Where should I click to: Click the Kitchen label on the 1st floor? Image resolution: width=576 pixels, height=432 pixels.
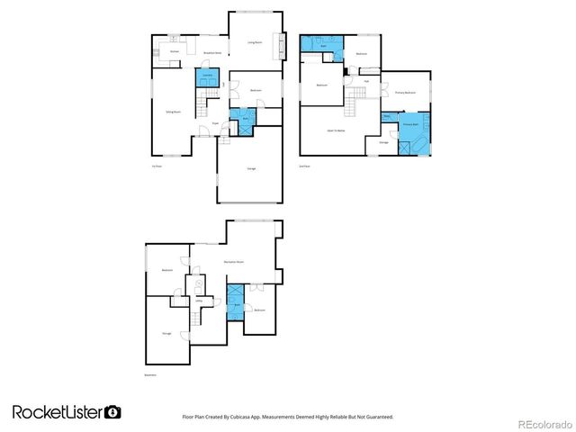(175, 52)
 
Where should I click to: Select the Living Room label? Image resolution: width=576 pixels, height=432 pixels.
(256, 42)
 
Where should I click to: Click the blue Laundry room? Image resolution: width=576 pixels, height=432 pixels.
(208, 78)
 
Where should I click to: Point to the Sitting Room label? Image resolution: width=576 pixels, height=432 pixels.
(173, 112)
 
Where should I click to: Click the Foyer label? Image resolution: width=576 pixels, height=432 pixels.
(217, 122)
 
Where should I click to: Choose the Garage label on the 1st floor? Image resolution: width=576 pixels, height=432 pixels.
(251, 168)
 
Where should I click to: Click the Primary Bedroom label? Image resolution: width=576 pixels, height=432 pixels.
(405, 93)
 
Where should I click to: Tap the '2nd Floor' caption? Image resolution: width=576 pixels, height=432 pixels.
(304, 166)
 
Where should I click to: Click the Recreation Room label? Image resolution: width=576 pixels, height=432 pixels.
(235, 262)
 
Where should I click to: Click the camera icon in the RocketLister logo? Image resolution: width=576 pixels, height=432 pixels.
(113, 412)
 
